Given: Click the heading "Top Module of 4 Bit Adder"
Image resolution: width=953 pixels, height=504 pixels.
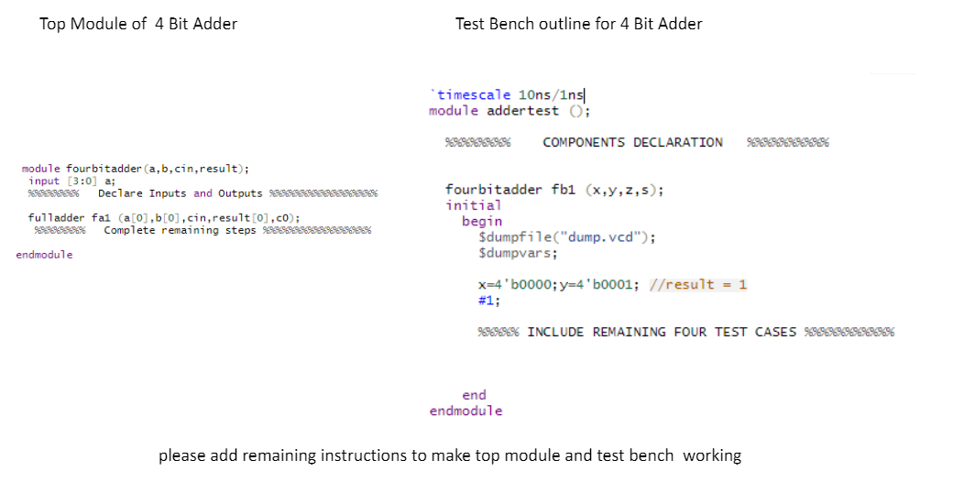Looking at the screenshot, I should coord(138,24).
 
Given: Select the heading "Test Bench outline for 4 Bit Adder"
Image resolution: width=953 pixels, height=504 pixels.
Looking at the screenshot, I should coord(578,24).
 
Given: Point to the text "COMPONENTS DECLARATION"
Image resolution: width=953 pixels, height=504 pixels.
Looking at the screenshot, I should coord(632,142).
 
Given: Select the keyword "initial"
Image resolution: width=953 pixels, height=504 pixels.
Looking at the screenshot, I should coord(473,205).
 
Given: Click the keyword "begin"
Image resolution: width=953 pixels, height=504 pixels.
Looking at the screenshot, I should coord(482,221).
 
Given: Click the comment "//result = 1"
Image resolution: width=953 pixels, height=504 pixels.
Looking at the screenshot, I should coord(697,284).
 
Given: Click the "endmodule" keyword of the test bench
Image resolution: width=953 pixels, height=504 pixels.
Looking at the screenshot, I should coord(466,411).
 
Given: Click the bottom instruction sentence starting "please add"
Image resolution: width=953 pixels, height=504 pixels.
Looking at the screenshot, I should coord(449,455).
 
